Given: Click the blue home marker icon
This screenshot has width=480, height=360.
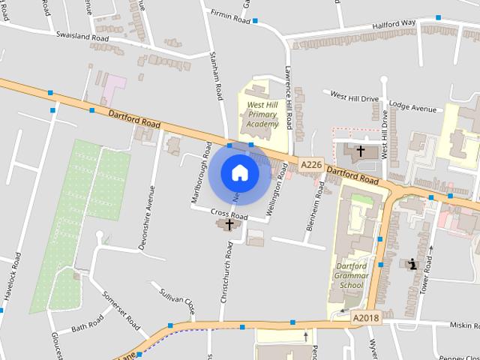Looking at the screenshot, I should (239, 172).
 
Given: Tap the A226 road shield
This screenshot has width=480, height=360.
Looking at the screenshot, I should (310, 164).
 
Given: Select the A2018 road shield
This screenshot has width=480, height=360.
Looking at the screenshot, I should (367, 319).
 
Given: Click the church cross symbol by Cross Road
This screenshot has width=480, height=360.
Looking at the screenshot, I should (229, 223).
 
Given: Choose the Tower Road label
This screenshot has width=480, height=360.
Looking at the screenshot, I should (426, 274).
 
